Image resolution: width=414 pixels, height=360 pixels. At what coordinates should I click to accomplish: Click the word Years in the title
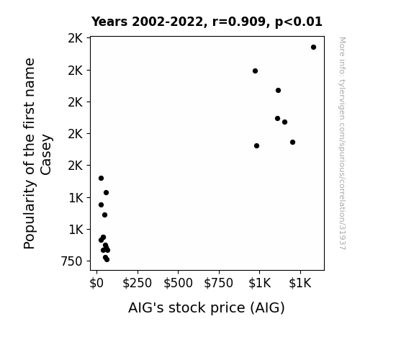[109, 22]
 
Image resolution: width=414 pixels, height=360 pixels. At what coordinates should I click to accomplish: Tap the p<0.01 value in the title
[299, 22]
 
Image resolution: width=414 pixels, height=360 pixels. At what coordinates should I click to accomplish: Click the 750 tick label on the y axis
[71, 261]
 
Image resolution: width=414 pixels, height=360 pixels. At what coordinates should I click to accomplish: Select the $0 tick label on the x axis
[96, 283]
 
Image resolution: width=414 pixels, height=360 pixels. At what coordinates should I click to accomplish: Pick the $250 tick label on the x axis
[138, 283]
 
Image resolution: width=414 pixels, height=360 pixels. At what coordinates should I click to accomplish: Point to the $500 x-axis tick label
[179, 283]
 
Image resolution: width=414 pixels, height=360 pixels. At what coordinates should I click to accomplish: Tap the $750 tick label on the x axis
[219, 283]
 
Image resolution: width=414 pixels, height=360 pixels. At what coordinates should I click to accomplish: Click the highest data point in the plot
[313, 48]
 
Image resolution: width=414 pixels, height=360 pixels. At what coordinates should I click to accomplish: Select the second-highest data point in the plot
[255, 71]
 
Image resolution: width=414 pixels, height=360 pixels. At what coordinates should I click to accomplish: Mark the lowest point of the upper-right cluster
[256, 145]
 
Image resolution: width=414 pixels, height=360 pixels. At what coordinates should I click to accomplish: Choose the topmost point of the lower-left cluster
[101, 179]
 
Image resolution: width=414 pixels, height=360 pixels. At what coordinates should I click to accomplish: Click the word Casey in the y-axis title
[46, 155]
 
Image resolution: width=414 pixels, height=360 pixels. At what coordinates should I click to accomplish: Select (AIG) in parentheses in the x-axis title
[267, 308]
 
